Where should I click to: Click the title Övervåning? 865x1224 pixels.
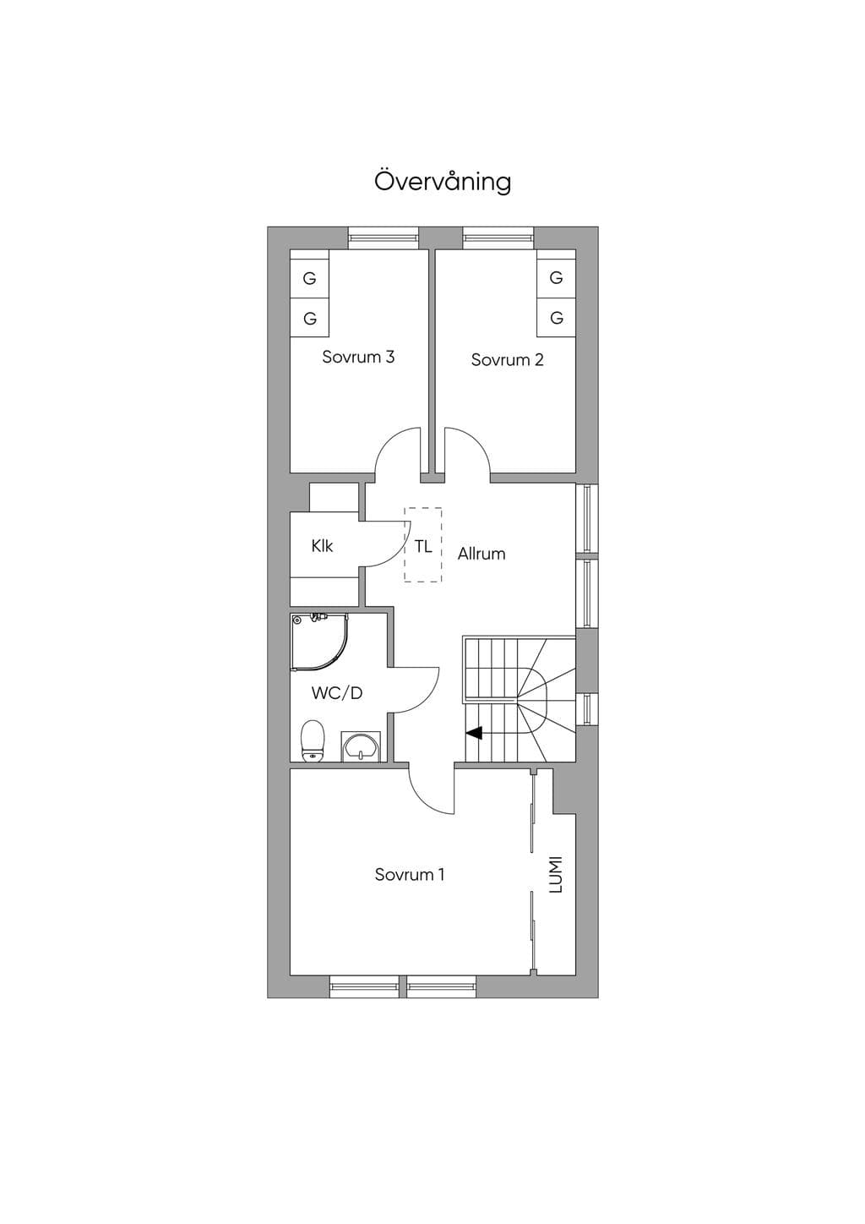click(x=443, y=182)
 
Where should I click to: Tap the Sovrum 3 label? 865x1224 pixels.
click(x=358, y=357)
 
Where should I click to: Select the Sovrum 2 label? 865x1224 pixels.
click(x=508, y=359)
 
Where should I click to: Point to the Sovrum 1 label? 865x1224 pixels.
click(x=410, y=874)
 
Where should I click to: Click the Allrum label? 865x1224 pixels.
click(x=481, y=554)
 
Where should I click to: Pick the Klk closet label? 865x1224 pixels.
click(x=322, y=545)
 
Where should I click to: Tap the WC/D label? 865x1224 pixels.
click(x=337, y=693)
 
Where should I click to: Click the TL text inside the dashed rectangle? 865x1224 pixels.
click(x=422, y=546)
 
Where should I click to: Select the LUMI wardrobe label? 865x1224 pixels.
click(x=555, y=874)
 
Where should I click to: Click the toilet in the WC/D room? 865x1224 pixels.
click(x=313, y=740)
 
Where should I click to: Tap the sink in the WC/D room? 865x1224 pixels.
click(x=360, y=746)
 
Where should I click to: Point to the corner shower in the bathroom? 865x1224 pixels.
click(x=318, y=641)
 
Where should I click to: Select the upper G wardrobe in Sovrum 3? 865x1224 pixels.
click(x=310, y=278)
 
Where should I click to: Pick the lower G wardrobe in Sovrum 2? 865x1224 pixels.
click(x=557, y=318)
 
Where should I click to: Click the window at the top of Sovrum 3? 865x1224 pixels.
click(x=384, y=238)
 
